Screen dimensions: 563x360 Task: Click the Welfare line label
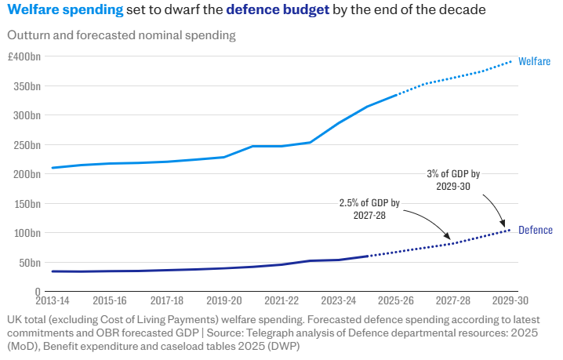(x=534, y=61)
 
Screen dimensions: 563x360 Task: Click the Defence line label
(x=536, y=230)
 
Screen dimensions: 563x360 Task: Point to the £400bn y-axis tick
(x=24, y=56)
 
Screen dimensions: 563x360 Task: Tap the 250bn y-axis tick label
(x=27, y=145)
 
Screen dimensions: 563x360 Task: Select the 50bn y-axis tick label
(x=30, y=263)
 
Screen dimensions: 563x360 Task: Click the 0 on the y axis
(x=38, y=292)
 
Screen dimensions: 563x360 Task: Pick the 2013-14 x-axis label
(x=53, y=300)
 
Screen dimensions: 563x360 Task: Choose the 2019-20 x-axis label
(x=224, y=300)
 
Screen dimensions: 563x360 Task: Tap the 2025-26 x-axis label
(x=396, y=300)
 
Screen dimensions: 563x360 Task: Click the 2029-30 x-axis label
(x=510, y=300)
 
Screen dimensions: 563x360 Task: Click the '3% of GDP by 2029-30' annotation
(x=453, y=180)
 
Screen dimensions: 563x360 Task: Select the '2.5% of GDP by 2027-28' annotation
(x=369, y=209)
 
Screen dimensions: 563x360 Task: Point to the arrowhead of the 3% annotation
(x=503, y=225)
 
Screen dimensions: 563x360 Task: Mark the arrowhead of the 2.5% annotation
(x=448, y=237)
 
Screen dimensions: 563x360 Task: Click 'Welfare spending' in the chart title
(x=65, y=9)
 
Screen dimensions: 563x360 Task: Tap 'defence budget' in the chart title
(x=278, y=9)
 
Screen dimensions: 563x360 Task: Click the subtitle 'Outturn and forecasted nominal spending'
(x=122, y=35)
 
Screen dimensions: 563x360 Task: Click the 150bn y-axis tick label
(x=27, y=204)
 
